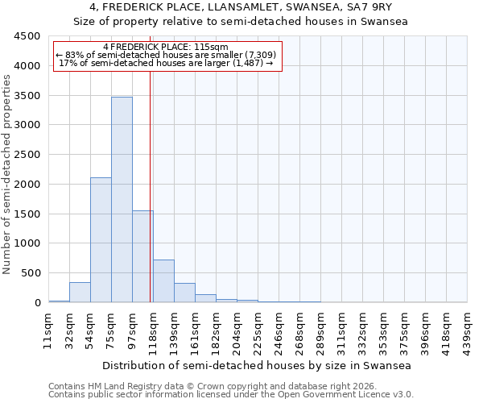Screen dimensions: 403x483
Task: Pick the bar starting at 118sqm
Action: pyautogui.click(x=163, y=281)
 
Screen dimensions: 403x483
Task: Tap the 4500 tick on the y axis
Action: pyautogui.click(x=27, y=36)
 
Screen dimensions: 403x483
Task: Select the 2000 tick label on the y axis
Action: pyautogui.click(x=27, y=185)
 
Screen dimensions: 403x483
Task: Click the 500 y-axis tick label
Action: pyautogui.click(x=30, y=273)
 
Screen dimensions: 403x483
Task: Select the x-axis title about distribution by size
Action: pyautogui.click(x=258, y=365)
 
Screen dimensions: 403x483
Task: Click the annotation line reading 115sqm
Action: pyautogui.click(x=167, y=48)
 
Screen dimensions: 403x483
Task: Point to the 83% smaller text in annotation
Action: pyautogui.click(x=167, y=55)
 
